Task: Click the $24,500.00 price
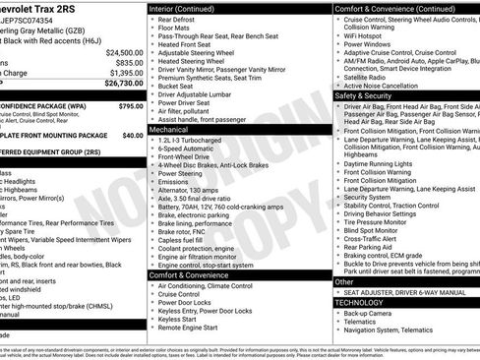[125, 52]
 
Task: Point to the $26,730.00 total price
[123, 84]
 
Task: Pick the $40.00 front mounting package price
[133, 135]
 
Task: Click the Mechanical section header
[168, 129]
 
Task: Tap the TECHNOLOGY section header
[360, 303]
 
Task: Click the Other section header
[345, 282]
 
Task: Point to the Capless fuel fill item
[183, 239]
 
